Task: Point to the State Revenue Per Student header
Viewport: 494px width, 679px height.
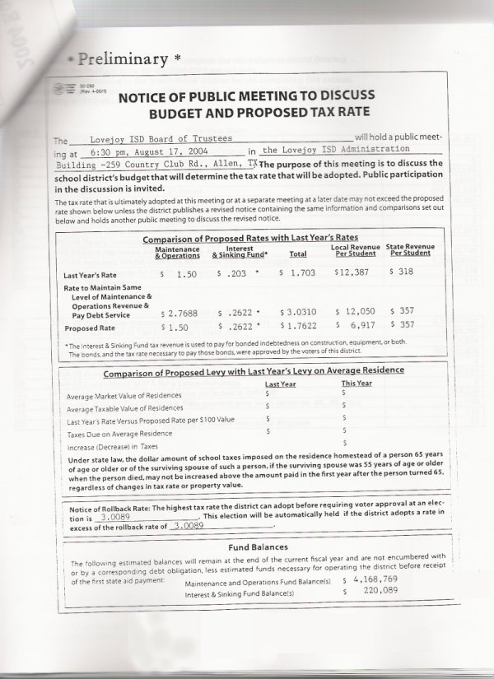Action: [x=409, y=250]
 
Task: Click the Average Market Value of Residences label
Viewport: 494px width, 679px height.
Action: [x=124, y=396]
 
